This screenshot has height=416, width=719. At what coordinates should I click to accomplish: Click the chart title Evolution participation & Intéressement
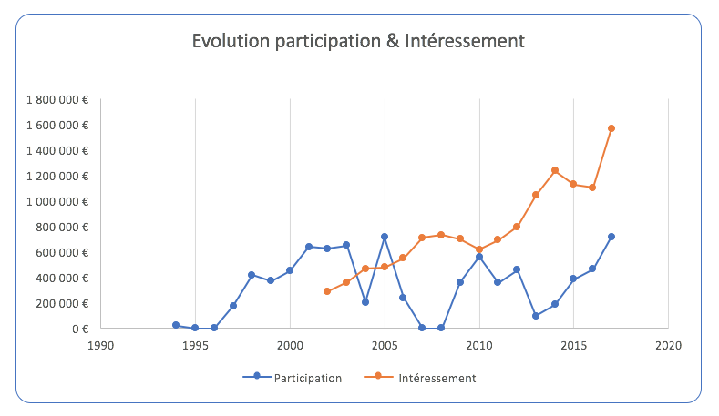pyautogui.click(x=358, y=41)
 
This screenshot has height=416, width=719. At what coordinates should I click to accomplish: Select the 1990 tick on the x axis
pyautogui.click(x=101, y=345)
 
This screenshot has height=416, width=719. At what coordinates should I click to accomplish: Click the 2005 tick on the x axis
pyautogui.click(x=385, y=345)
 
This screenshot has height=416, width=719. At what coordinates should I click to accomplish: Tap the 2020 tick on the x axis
pyautogui.click(x=668, y=345)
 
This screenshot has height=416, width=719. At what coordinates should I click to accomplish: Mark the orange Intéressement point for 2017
pyautogui.click(x=611, y=128)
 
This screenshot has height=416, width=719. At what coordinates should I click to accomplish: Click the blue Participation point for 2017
pyautogui.click(x=611, y=237)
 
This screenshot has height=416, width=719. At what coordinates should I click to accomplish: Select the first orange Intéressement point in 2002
pyautogui.click(x=327, y=291)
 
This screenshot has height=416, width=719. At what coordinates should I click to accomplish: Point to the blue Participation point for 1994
pyautogui.click(x=176, y=325)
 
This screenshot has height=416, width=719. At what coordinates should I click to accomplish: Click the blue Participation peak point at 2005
pyautogui.click(x=385, y=237)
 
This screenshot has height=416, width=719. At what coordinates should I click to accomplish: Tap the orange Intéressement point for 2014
pyautogui.click(x=555, y=170)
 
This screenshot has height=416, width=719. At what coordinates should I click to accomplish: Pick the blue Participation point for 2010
pyautogui.click(x=479, y=257)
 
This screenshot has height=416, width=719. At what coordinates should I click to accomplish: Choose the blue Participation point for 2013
pyautogui.click(x=536, y=316)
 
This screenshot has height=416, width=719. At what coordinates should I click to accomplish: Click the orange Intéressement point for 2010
pyautogui.click(x=479, y=249)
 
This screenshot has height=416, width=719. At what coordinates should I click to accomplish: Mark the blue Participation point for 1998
pyautogui.click(x=252, y=275)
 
